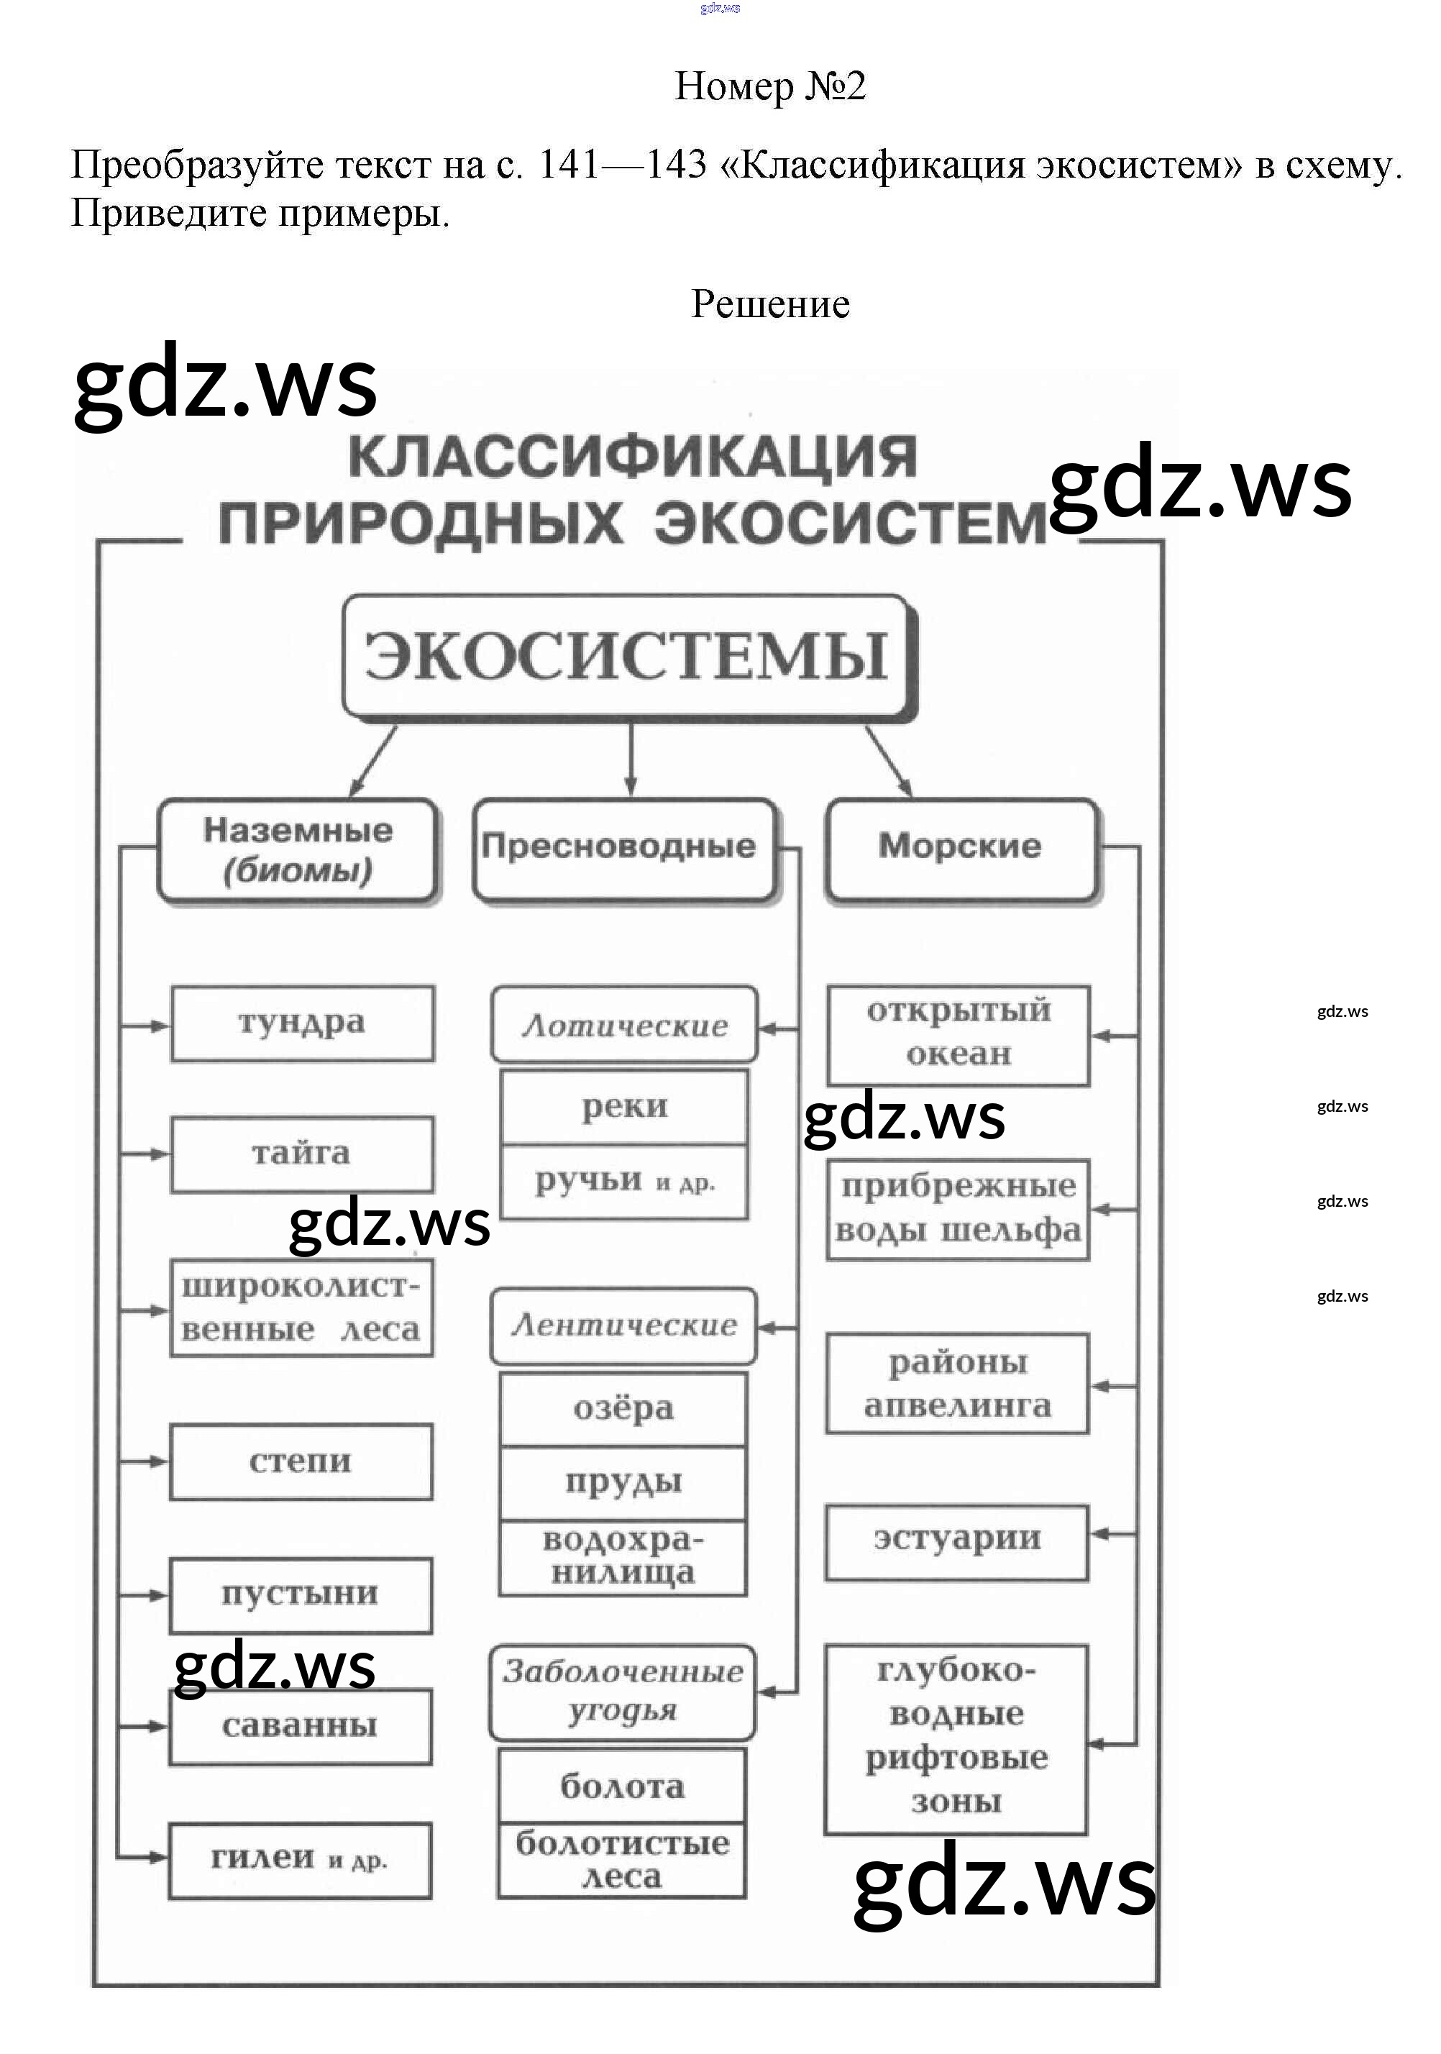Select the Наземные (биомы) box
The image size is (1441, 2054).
(x=298, y=850)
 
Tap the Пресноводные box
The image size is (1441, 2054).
(x=623, y=848)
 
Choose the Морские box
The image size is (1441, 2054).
(x=960, y=848)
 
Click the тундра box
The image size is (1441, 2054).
(x=302, y=1023)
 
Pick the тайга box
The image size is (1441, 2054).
(x=302, y=1154)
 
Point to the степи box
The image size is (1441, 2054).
(x=301, y=1462)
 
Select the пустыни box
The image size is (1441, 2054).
(x=301, y=1595)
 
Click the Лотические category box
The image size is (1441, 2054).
(x=624, y=1026)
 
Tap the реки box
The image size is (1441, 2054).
(x=624, y=1108)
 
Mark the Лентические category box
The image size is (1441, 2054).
(x=623, y=1325)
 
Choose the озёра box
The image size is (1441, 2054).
(x=623, y=1409)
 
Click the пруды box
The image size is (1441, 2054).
(x=623, y=1482)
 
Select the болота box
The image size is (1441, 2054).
(x=622, y=1786)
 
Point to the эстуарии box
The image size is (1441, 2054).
(x=957, y=1539)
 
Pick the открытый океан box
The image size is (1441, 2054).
(x=958, y=1034)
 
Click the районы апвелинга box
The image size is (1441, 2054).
(x=957, y=1384)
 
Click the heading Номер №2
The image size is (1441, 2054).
(x=769, y=87)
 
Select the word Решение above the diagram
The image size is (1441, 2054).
(x=770, y=304)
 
